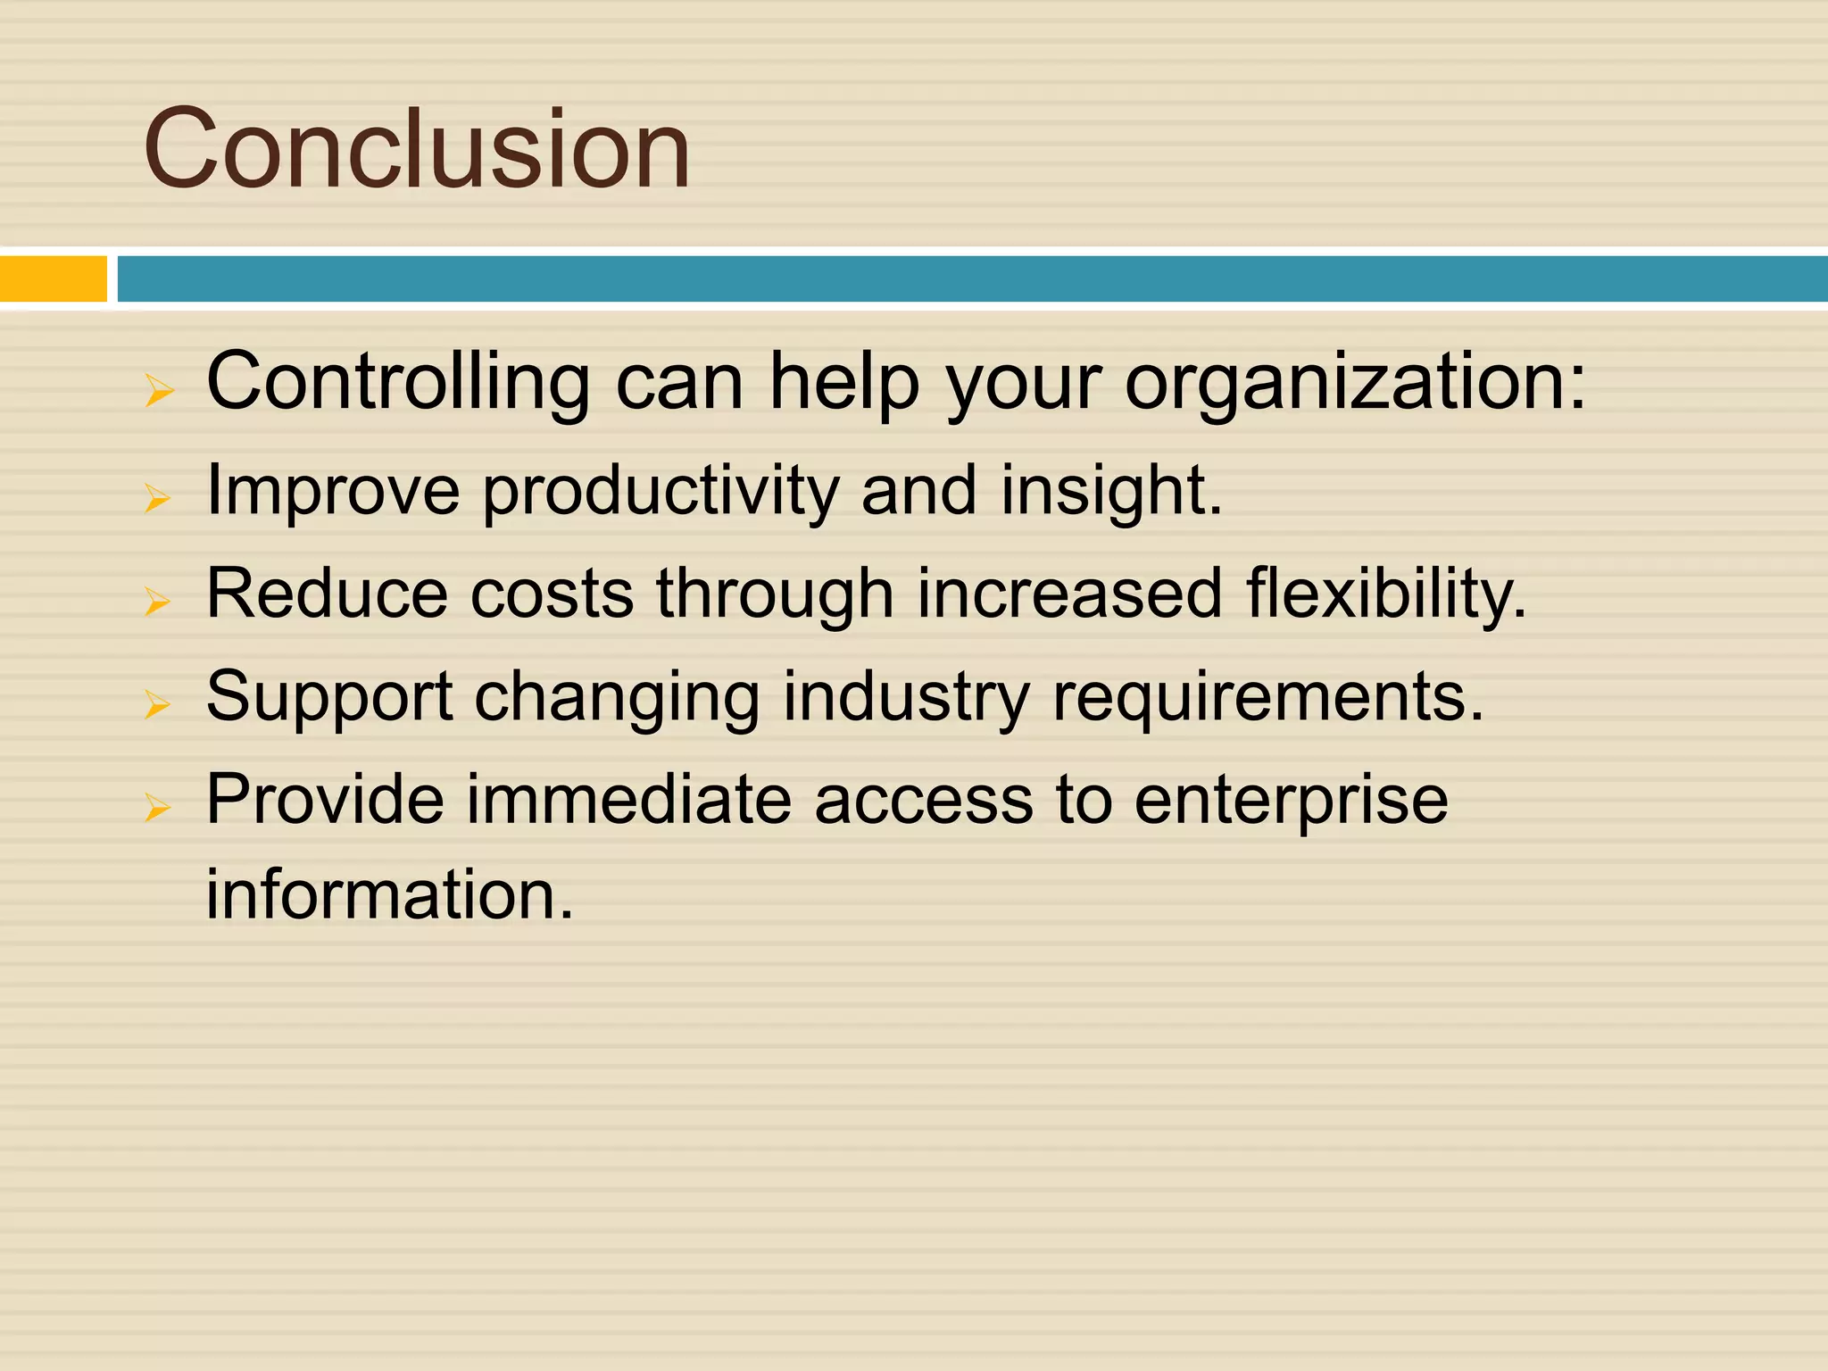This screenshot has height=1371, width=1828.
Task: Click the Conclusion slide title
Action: coord(416,148)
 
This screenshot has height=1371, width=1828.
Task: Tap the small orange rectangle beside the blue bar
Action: coord(53,278)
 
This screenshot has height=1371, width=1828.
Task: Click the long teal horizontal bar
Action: coord(971,278)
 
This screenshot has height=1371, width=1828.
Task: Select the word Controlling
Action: coord(398,382)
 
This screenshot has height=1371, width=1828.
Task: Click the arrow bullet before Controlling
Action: coord(159,391)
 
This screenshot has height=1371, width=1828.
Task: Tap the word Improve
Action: coord(333,491)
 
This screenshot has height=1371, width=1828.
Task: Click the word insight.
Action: coord(1110,491)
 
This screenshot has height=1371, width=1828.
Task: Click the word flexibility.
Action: coord(1386,594)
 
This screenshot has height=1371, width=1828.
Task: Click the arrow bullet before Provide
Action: coord(158,809)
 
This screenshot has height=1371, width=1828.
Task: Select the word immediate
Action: coord(629,800)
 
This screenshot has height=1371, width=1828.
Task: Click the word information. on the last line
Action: coord(390,894)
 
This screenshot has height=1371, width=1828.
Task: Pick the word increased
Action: coord(1069,594)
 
